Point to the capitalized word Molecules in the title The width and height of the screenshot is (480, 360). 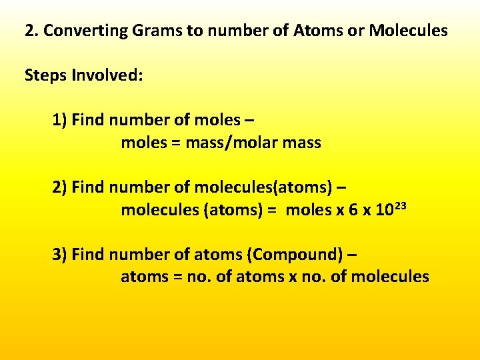coord(408,31)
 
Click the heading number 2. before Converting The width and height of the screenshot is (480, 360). coord(31,31)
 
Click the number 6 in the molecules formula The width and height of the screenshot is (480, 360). coord(354,210)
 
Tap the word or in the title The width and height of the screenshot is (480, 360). coord(353,31)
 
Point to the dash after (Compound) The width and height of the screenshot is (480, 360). coord(352,255)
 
